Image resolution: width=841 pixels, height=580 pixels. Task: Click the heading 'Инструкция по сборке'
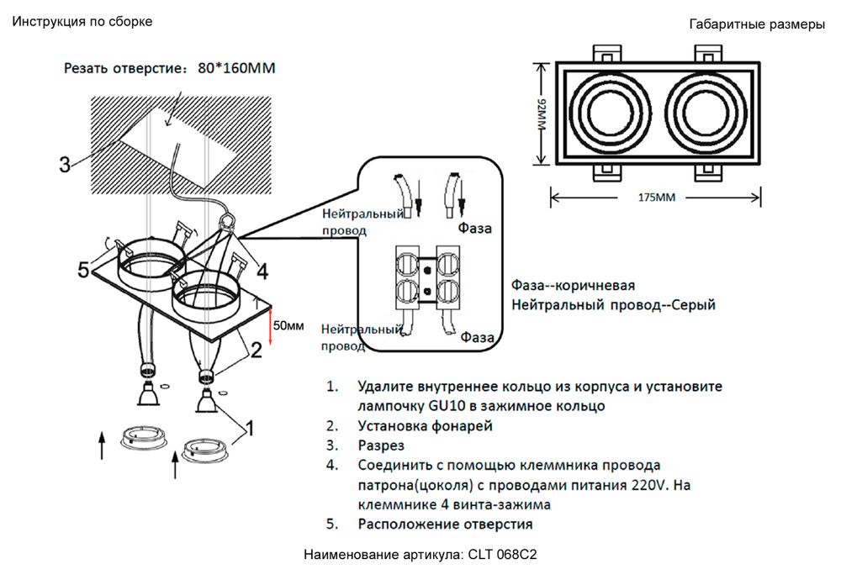pyautogui.click(x=82, y=22)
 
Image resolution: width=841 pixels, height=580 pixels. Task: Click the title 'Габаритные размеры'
pyautogui.click(x=757, y=24)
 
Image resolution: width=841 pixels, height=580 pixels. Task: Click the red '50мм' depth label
pyautogui.click(x=288, y=324)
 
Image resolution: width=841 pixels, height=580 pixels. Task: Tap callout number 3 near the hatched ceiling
pyautogui.click(x=65, y=164)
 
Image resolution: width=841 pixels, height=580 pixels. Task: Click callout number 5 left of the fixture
pyautogui.click(x=83, y=270)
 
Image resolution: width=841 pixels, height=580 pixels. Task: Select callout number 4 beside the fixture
pyautogui.click(x=262, y=272)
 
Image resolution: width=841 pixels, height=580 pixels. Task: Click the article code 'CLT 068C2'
pyautogui.click(x=503, y=556)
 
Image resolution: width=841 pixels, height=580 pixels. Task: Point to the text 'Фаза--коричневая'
pyautogui.click(x=573, y=285)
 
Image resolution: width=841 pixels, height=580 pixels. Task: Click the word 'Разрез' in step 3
pyautogui.click(x=381, y=446)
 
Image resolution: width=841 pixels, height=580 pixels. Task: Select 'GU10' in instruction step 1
pyautogui.click(x=446, y=406)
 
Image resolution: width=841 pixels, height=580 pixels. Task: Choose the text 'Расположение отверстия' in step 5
pyautogui.click(x=445, y=525)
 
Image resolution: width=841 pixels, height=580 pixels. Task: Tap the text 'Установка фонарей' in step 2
pyautogui.click(x=425, y=426)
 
